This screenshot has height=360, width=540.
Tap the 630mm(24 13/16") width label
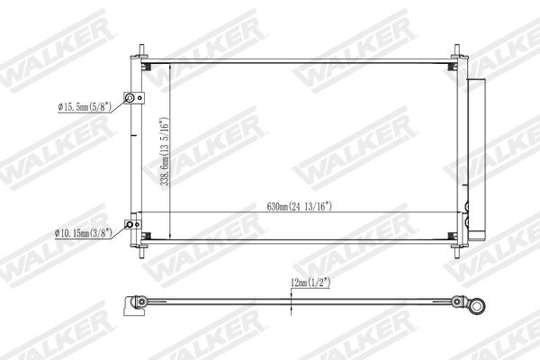coord(300,207)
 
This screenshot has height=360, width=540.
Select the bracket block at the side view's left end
coord(138,302)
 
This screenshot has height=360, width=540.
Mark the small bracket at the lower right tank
coord(465,220)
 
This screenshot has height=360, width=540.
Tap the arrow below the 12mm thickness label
coord(292,309)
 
